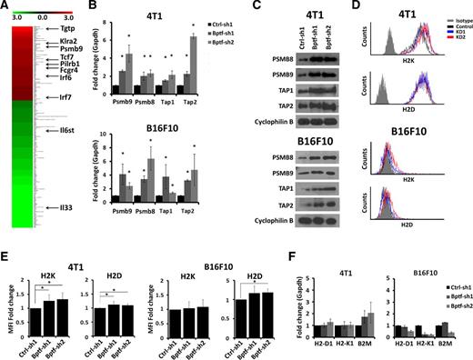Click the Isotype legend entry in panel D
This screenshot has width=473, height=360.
point(450,18)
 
